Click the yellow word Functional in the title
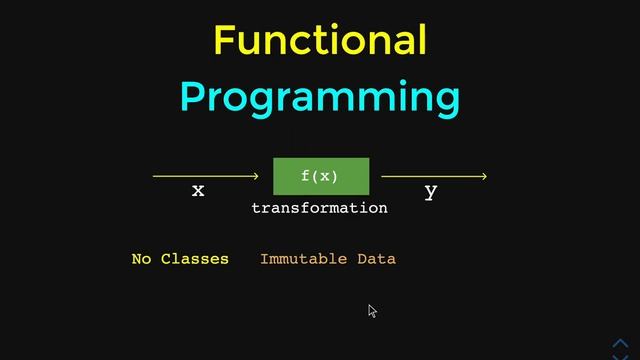320,40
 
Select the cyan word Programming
320,98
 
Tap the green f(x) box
321,177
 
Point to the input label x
198,190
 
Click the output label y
430,192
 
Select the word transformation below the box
319,208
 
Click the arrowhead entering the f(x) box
256,177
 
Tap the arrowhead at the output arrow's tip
484,177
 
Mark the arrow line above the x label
200,177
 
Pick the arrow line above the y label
430,177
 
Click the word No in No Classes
141,259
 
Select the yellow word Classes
195,259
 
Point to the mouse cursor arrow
372,310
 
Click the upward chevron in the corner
620,342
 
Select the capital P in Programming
194,98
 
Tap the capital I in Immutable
265,259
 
